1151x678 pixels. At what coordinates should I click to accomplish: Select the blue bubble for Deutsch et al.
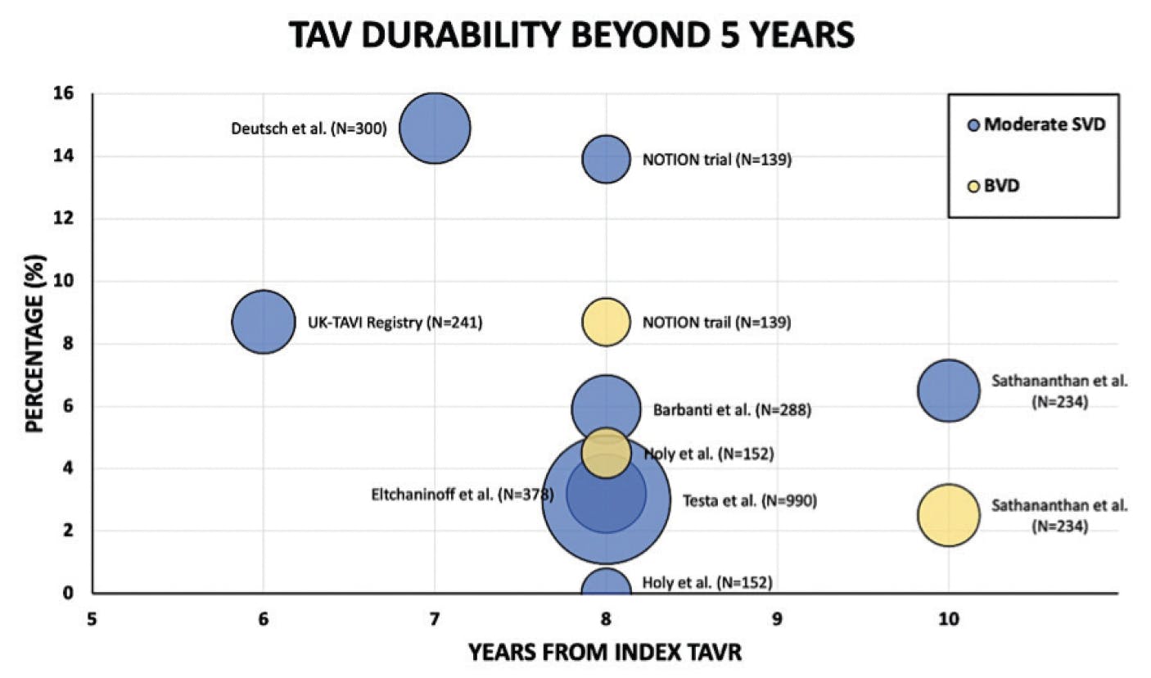click(435, 128)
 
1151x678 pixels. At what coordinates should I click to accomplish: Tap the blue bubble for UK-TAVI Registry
click(263, 322)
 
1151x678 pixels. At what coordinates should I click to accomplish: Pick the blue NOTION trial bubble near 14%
click(606, 159)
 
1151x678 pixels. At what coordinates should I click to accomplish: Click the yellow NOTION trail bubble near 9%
click(606, 322)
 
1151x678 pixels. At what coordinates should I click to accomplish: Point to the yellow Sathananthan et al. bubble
click(948, 515)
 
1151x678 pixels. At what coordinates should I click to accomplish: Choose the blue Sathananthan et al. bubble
click(948, 391)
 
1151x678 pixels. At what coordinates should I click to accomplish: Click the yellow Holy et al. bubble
click(606, 452)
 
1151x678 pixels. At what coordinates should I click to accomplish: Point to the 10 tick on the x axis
click(948, 620)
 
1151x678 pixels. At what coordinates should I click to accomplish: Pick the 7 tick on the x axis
click(434, 620)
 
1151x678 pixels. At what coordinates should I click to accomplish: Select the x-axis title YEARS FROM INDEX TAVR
click(605, 653)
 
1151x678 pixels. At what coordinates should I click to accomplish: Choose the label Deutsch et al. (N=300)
click(309, 128)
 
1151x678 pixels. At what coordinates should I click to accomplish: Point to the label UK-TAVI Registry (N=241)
click(395, 323)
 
